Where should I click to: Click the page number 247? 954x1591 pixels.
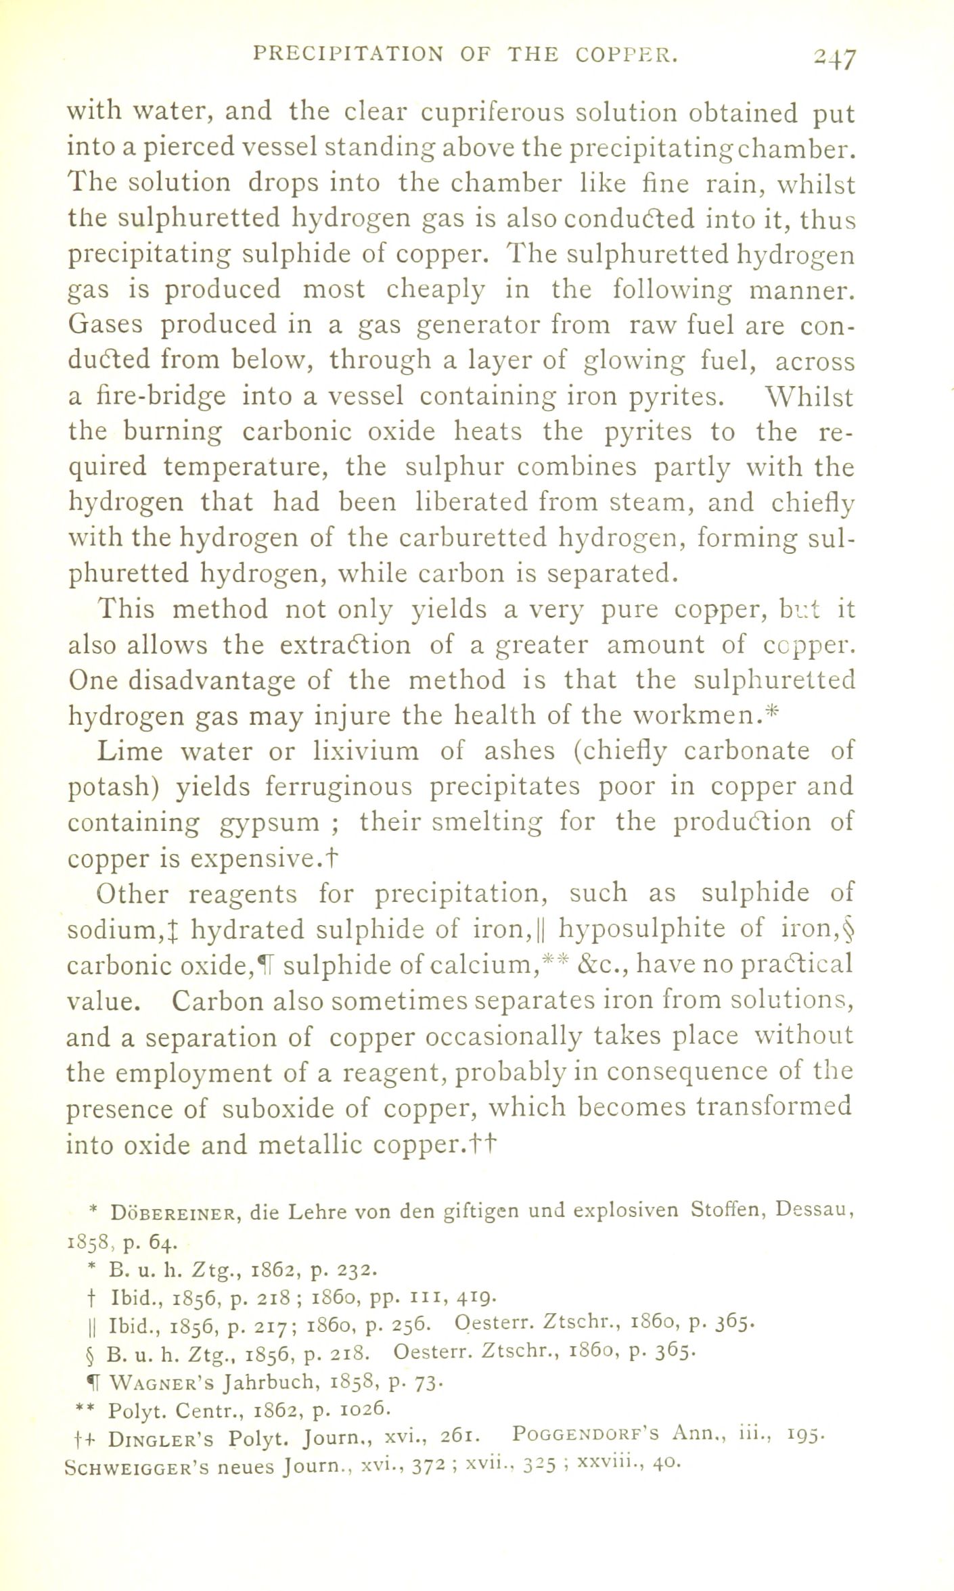[834, 60]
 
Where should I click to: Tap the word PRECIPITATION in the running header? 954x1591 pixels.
[347, 54]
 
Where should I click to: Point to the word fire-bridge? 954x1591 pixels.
[147, 396]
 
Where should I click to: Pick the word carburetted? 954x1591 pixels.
[472, 538]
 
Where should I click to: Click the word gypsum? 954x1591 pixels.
[270, 823]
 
